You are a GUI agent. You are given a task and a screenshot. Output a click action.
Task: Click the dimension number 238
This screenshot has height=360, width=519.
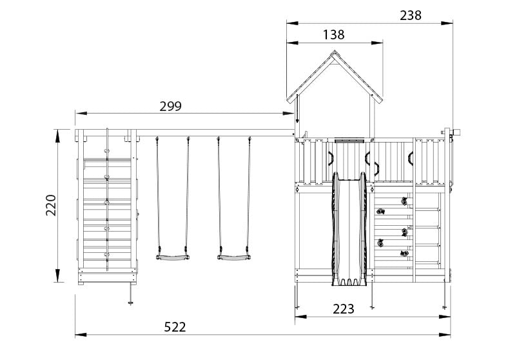(411, 15)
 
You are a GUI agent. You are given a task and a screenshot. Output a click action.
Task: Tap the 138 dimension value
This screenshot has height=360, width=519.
(334, 35)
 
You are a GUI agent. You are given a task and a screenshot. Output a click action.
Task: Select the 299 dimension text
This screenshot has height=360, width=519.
(170, 106)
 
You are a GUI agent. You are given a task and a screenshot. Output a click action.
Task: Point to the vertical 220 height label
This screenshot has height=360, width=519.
(51, 205)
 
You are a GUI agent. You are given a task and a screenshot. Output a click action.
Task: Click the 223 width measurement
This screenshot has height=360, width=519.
(344, 309)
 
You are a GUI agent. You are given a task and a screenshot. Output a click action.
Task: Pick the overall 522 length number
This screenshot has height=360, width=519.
(175, 327)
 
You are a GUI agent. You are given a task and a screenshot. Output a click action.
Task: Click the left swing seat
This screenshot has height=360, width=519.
(172, 257)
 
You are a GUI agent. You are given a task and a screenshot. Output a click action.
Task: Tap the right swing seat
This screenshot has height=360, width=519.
(233, 257)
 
